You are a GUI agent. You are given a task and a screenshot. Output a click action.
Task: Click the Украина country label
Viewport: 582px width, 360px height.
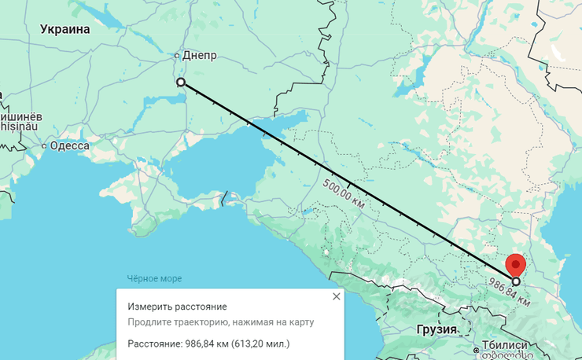(64, 30)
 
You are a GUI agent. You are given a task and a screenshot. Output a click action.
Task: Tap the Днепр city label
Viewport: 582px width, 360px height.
(199, 56)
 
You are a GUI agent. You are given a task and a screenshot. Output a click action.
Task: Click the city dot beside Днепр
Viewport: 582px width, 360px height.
(177, 56)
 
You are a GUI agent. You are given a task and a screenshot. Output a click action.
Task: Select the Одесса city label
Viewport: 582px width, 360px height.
(69, 145)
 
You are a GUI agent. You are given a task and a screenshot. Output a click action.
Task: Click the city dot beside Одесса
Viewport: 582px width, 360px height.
(44, 145)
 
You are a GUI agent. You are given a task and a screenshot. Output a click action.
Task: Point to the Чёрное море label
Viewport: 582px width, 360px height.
(154, 278)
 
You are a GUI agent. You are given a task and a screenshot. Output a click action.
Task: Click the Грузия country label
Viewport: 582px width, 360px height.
(438, 329)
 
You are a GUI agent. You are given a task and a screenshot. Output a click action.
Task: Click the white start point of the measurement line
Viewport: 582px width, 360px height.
(181, 82)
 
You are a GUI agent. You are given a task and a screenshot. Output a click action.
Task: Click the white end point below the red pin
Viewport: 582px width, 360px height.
(516, 281)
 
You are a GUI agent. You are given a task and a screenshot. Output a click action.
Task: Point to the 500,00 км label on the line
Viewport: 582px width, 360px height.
(344, 192)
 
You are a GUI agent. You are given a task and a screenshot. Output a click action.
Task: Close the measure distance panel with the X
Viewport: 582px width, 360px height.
(337, 296)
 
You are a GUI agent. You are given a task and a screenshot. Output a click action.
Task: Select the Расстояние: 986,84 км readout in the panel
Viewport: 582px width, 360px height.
(208, 343)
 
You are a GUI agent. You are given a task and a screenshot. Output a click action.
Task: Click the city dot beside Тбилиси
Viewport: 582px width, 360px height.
(477, 347)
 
